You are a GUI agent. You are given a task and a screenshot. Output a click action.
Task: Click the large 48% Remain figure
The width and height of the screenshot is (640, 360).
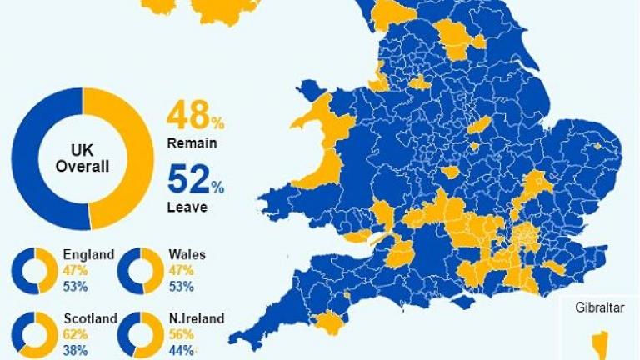pos(196,117)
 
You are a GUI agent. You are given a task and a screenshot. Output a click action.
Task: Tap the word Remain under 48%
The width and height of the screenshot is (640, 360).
pos(192,143)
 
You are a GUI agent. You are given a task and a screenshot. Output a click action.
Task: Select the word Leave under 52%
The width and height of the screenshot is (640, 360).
pos(187,207)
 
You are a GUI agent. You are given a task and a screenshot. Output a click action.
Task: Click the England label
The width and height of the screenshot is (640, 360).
pos(88,255)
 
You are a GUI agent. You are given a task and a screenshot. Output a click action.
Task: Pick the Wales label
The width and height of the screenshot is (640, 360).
pos(187,255)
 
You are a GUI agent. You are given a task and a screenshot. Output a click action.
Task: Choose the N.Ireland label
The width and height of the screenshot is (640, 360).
pos(196,318)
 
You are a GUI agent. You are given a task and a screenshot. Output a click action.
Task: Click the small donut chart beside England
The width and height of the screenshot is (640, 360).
pos(35,270)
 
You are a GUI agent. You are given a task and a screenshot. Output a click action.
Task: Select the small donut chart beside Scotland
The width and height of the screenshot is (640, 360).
pos(35,335)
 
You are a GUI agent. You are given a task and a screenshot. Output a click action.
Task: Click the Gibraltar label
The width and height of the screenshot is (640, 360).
pos(599,307)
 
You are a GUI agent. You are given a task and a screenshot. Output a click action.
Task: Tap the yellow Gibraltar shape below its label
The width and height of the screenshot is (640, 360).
pos(599,342)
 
